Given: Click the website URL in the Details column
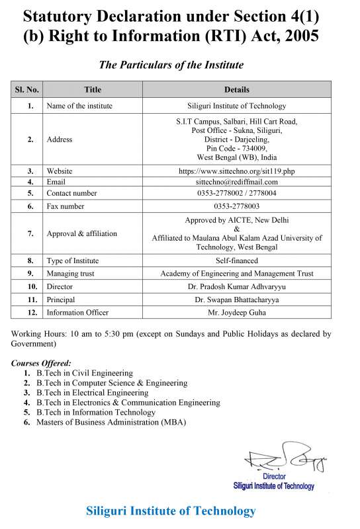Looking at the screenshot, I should point(237,171).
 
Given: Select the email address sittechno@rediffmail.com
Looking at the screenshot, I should point(237,182).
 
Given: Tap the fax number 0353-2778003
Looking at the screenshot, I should point(237,206).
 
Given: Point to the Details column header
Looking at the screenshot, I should point(237,89).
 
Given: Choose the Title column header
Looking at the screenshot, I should point(93,89).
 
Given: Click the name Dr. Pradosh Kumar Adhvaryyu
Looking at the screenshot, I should point(237,287).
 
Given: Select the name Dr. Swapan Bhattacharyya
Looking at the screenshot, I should point(237,300).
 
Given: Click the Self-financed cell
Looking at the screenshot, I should point(237,261).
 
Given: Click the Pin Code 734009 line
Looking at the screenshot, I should point(237,149).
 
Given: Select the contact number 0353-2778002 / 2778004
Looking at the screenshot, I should point(237,193).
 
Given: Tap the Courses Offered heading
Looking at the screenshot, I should point(41,363).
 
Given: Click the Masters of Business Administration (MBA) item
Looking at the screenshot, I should point(111,422).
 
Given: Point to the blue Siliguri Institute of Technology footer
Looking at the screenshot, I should point(171,511).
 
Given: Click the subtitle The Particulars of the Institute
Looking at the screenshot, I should point(171,65).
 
